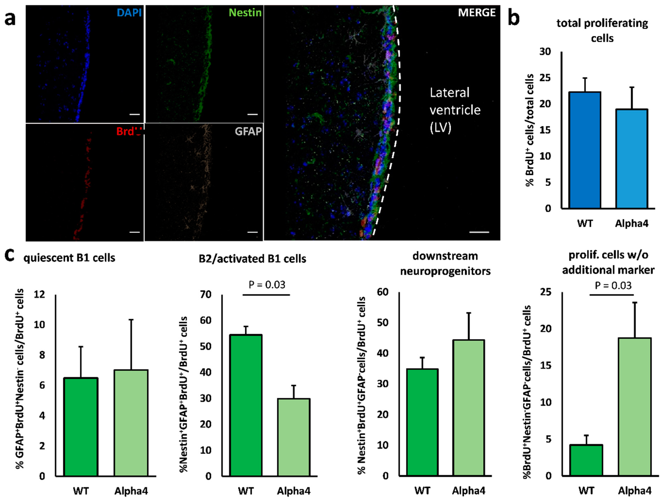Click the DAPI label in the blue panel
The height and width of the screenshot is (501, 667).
pos(129,13)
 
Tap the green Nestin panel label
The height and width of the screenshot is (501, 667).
pos(245,13)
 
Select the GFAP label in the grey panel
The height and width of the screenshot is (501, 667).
pos(248,131)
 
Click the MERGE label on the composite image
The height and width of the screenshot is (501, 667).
pos(476,13)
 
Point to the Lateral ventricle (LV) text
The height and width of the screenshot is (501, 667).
pos(455,110)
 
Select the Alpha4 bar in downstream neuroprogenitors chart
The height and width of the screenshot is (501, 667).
pos(469,408)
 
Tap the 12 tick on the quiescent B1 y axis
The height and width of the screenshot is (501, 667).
pos(39,294)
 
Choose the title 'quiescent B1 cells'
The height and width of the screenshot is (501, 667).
pos(69,258)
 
